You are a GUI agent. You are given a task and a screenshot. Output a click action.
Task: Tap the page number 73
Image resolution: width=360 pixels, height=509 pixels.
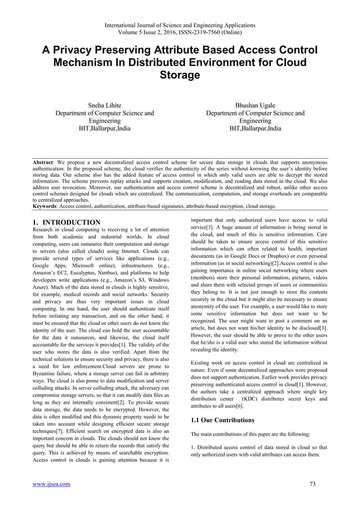(314, 484)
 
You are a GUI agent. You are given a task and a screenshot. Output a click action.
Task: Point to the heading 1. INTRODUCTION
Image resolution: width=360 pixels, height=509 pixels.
(67, 222)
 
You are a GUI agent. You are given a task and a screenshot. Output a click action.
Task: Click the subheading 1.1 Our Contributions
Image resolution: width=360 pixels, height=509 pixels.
(222, 420)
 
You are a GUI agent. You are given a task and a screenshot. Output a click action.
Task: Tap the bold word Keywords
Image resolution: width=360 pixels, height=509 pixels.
(45, 207)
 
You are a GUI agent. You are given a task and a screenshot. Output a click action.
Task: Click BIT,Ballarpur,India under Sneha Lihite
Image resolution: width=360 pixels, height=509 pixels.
(104, 129)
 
